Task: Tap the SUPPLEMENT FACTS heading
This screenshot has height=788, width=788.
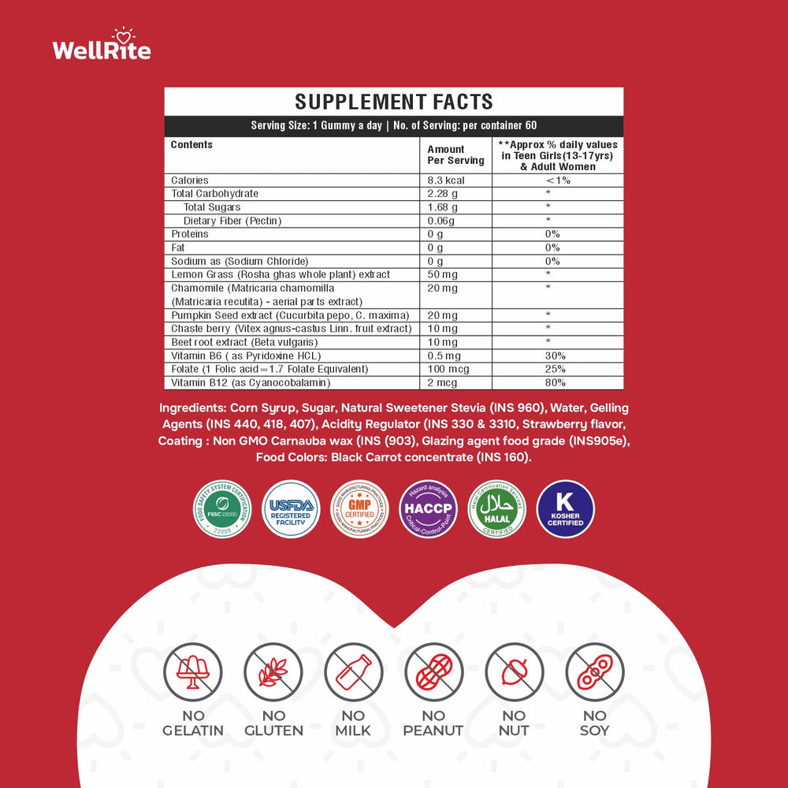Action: [393, 102]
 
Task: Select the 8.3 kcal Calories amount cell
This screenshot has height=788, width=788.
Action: [446, 180]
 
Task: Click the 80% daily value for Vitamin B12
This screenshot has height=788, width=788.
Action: [555, 382]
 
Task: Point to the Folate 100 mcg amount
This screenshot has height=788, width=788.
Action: [445, 369]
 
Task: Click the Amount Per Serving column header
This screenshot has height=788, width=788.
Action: [455, 154]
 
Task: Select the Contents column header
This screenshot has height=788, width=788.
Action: [191, 145]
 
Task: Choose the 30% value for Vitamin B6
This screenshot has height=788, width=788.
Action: [555, 355]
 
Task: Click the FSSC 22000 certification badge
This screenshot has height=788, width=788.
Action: [222, 509]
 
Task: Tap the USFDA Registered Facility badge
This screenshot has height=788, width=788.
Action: [291, 509]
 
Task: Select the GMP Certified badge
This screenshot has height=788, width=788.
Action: [359, 509]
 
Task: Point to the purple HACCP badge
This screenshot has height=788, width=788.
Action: [428, 509]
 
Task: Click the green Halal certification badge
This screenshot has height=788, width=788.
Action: [496, 509]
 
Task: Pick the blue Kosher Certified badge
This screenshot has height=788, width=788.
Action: [565, 509]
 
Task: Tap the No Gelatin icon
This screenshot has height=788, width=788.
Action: [193, 672]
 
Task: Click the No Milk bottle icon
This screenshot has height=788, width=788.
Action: [354, 672]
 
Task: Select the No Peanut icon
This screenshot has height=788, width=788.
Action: [433, 672]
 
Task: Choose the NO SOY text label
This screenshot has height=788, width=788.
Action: [595, 723]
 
